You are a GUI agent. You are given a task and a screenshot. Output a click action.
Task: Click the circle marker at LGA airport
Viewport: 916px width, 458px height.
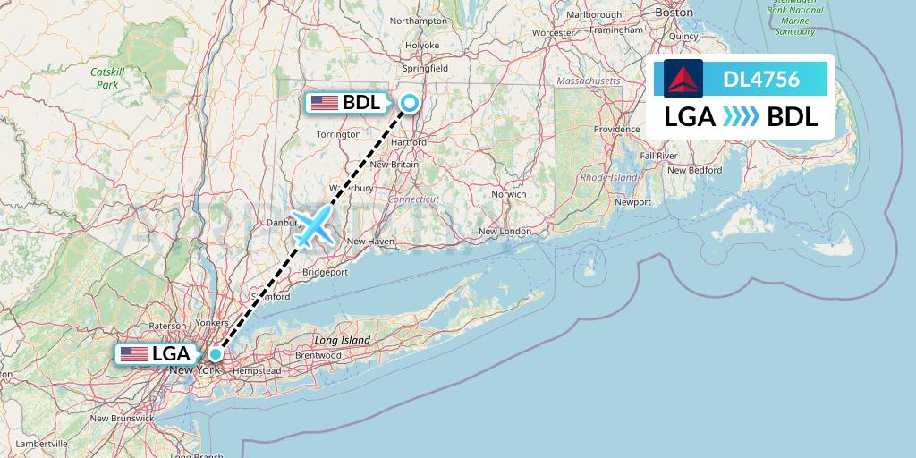tap(216, 353)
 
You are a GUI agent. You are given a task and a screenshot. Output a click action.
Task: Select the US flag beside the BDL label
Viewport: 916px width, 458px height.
tap(325, 103)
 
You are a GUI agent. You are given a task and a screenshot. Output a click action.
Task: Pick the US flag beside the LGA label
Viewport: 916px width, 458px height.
tap(134, 354)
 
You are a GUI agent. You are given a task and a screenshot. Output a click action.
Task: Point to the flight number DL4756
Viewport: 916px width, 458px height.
tap(761, 79)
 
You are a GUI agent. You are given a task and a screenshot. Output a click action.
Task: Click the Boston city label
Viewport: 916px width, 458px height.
tap(674, 13)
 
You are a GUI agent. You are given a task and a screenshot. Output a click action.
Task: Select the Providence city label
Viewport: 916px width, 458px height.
tap(617, 130)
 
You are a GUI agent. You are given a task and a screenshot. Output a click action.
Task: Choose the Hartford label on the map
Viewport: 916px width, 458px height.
tap(408, 141)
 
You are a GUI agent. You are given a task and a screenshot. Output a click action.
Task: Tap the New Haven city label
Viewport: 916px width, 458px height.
tap(369, 241)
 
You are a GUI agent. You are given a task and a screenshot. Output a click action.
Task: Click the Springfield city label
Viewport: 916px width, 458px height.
tap(426, 68)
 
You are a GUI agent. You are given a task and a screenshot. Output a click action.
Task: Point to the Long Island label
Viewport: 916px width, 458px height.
tap(342, 341)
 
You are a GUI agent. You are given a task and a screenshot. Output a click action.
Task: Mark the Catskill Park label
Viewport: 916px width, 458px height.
tap(107, 79)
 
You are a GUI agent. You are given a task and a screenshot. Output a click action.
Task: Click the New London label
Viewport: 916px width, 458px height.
tap(505, 232)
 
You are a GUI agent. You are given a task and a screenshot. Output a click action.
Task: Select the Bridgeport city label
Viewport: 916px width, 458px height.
tap(326, 271)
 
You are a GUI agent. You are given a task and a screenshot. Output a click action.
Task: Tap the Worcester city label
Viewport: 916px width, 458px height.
tap(554, 33)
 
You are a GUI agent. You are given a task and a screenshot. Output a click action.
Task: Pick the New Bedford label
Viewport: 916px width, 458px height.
tap(693, 170)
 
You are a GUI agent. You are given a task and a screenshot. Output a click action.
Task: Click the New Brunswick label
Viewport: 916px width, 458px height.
tap(122, 418)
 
